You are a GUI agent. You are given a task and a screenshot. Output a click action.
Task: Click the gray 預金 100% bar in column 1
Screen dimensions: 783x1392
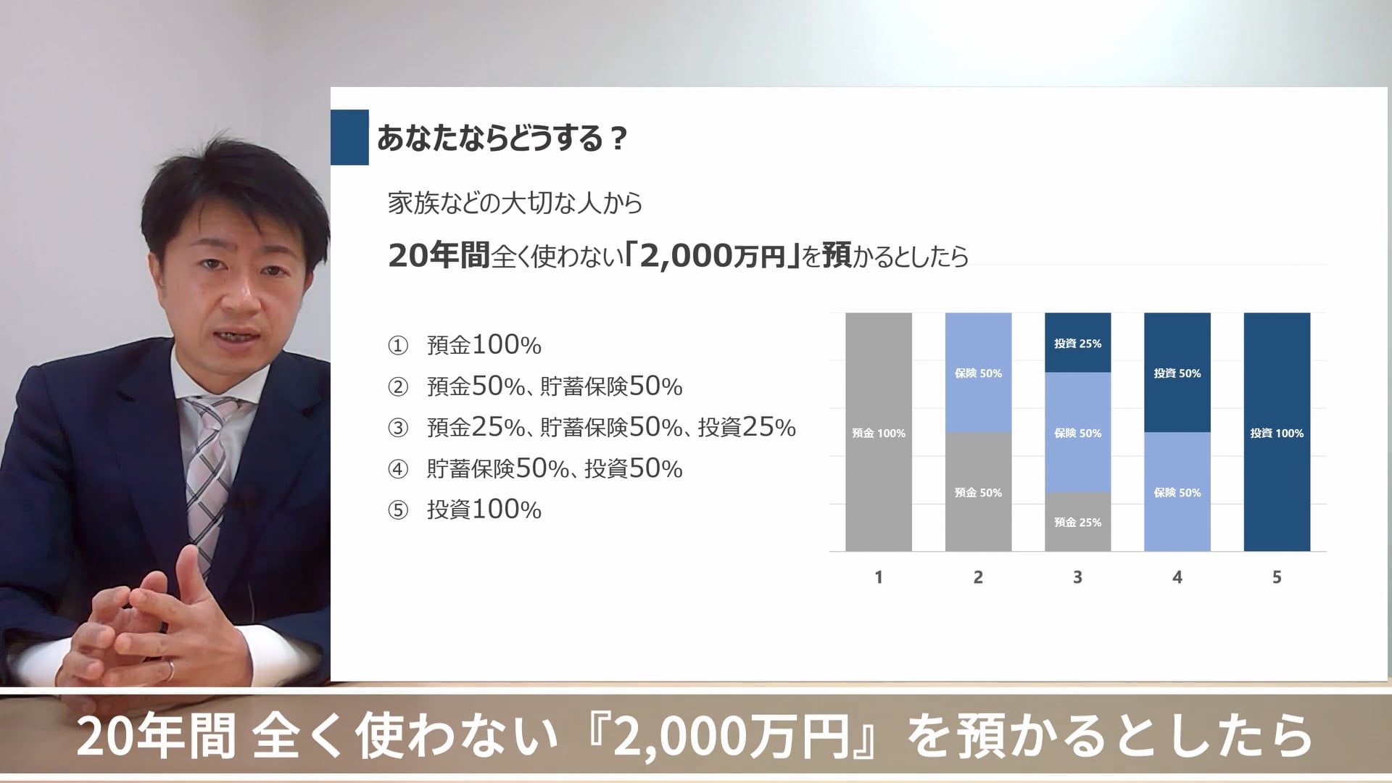[878, 432]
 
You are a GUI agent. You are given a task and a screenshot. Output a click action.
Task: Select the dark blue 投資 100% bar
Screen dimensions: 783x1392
[1276, 432]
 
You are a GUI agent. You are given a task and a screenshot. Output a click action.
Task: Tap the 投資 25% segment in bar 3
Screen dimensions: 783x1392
[1077, 343]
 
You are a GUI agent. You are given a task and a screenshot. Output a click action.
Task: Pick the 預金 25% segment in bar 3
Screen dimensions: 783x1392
[1077, 522]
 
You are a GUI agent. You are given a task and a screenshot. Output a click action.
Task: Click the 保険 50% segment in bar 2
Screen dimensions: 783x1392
[978, 373]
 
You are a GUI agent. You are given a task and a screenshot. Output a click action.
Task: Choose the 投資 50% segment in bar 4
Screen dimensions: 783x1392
[1177, 373]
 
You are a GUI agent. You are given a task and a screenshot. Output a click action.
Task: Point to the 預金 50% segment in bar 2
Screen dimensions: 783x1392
[978, 492]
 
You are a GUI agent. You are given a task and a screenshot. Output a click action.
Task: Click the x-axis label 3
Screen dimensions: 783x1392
[1077, 577]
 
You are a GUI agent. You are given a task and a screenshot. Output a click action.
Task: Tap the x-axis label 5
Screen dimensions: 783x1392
[1277, 577]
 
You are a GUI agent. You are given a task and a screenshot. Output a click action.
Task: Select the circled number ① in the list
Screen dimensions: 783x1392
[398, 346]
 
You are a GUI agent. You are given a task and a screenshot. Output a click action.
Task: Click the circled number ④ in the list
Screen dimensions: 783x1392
[398, 470]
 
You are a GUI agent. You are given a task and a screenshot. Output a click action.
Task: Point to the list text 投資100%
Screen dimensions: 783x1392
[484, 510]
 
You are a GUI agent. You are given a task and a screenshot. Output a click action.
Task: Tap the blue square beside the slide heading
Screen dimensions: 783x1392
[349, 137]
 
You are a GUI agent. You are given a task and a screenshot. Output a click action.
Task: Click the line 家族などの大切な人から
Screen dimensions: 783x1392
[515, 203]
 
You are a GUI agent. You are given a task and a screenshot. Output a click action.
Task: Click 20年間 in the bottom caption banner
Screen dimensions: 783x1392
[155, 737]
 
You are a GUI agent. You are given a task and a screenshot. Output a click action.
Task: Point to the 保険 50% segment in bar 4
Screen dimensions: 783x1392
[1177, 492]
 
